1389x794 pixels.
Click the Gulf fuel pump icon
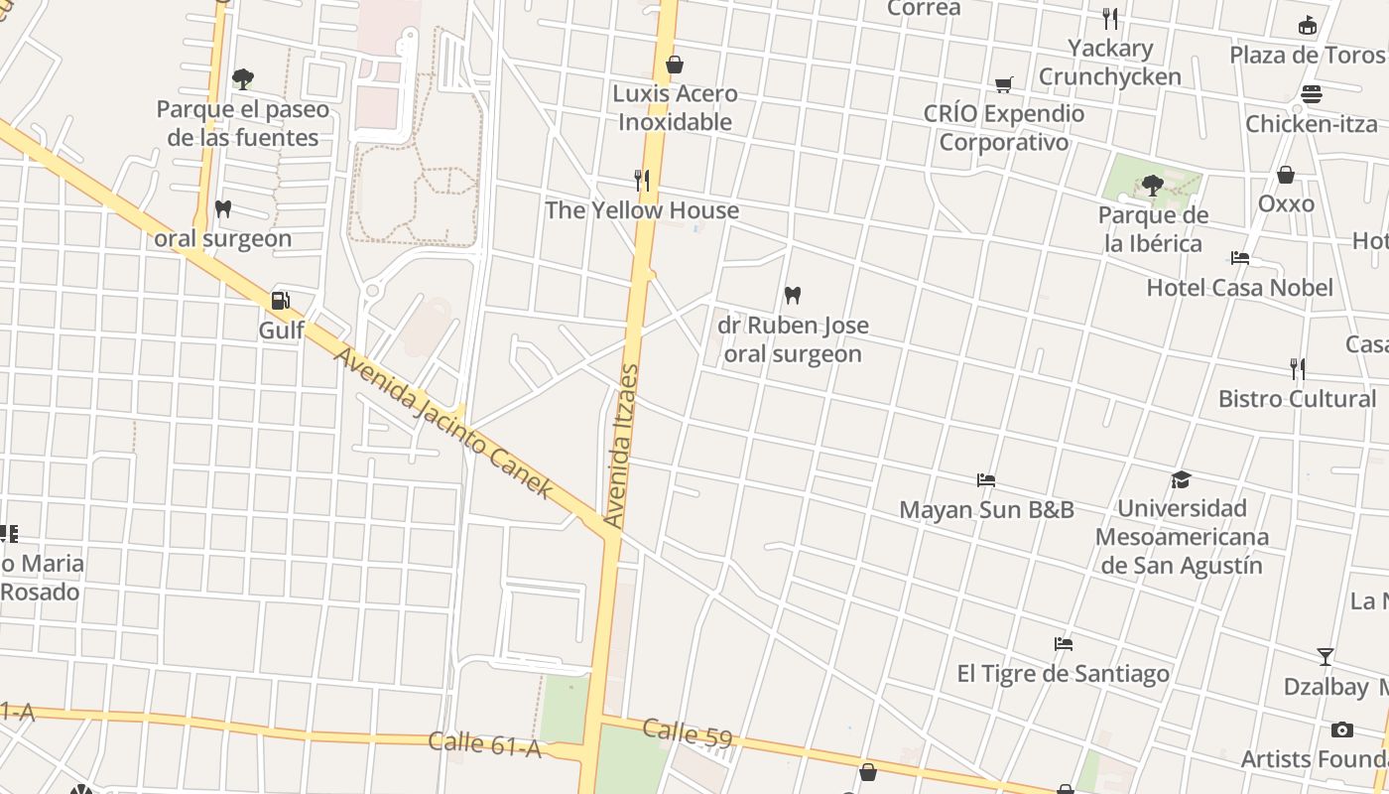pyautogui.click(x=281, y=300)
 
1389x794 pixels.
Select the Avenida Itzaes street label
pyautogui.click(x=622, y=446)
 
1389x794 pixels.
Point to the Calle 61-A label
pyautogui.click(x=485, y=744)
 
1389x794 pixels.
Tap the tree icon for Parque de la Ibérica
pyautogui.click(x=1152, y=185)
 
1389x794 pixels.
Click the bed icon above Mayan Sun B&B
pyautogui.click(x=985, y=480)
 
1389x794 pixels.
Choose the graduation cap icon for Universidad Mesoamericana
pyautogui.click(x=1181, y=480)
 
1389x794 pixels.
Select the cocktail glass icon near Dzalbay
pyautogui.click(x=1325, y=656)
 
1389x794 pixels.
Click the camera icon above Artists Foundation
pyautogui.click(x=1342, y=729)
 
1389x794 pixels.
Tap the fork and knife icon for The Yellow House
pyautogui.click(x=642, y=180)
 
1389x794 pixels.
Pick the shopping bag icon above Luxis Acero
pyautogui.click(x=675, y=65)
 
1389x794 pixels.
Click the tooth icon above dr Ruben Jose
pyautogui.click(x=792, y=295)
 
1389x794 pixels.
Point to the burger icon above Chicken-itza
pyautogui.click(x=1312, y=94)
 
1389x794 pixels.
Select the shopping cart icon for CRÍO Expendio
pyautogui.click(x=1004, y=84)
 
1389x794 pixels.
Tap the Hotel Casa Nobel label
pyautogui.click(x=1239, y=288)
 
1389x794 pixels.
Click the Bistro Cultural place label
pyautogui.click(x=1297, y=399)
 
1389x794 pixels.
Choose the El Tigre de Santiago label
pyautogui.click(x=1063, y=674)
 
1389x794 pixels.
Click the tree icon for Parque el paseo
pyautogui.click(x=242, y=78)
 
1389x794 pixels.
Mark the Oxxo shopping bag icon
pyautogui.click(x=1286, y=175)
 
